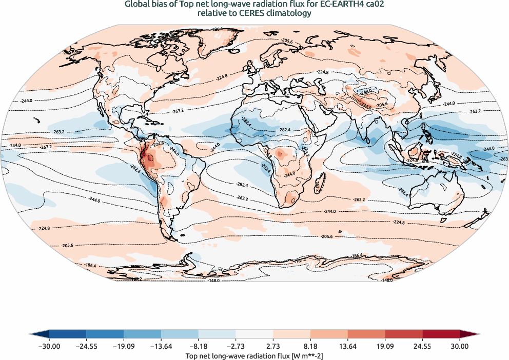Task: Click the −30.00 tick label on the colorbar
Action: point(49,347)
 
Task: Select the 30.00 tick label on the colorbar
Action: point(460,347)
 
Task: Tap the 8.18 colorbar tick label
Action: point(310,347)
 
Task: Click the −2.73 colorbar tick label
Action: point(236,347)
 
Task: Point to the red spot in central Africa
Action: point(280,153)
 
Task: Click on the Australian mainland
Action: point(436,190)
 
